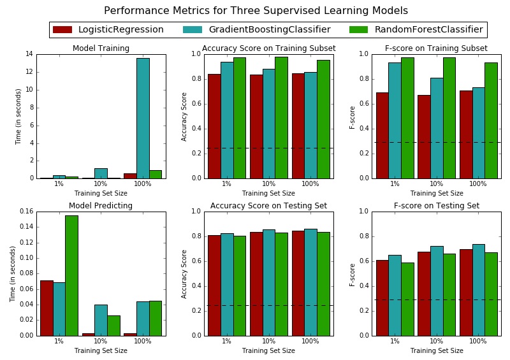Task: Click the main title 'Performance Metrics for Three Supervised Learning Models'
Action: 256,11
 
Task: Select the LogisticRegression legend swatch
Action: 62,29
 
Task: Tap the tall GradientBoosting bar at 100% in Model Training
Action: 143,118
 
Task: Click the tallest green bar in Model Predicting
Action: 71,275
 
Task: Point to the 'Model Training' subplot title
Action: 101,48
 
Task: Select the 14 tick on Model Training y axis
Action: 29,54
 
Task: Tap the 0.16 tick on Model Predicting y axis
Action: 25,212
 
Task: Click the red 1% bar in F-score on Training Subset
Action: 382,135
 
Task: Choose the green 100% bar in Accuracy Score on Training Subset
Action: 323,119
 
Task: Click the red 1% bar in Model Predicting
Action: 46,308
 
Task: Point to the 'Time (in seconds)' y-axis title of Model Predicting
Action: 13,273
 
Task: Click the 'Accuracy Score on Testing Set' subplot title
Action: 268,206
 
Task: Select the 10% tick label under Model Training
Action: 101,184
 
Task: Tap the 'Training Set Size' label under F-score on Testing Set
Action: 437,350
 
